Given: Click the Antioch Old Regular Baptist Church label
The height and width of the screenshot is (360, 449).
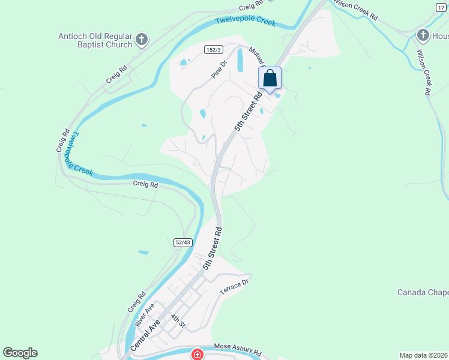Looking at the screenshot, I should [95, 40].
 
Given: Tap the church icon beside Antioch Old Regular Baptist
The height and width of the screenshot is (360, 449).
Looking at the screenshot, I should [142, 40].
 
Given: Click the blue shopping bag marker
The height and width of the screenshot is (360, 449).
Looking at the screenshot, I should [270, 79].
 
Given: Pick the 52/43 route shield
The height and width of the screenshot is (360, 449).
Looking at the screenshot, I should [183, 242].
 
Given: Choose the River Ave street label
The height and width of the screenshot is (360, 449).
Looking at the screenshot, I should [145, 315].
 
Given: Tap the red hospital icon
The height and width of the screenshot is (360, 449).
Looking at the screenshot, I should [197, 355].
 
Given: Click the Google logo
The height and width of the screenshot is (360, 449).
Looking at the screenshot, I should [20, 353].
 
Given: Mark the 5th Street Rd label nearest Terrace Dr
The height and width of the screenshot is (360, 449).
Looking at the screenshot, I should [212, 247].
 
